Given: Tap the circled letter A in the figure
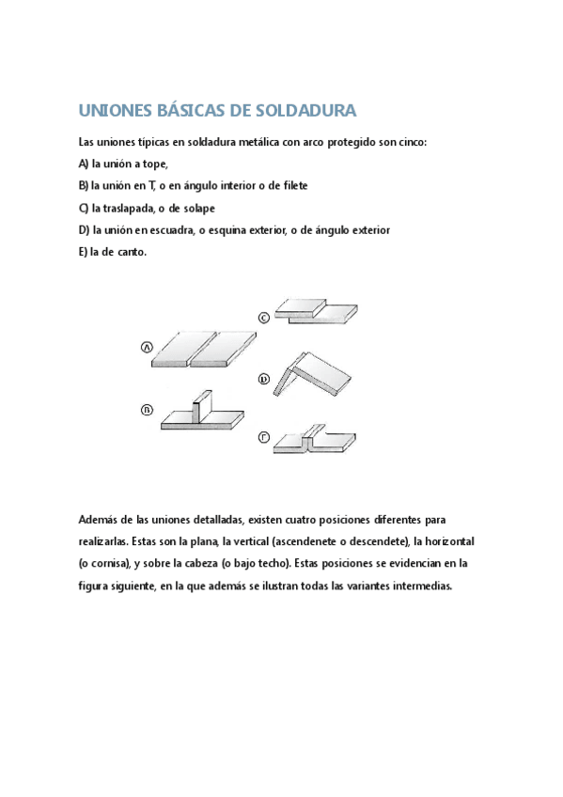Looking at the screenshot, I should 147,348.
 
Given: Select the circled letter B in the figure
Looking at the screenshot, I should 147,409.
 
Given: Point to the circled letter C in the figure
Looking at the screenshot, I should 265,318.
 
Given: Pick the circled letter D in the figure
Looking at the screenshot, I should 265,380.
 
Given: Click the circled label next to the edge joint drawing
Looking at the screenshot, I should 265,437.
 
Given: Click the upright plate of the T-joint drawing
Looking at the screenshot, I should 196,408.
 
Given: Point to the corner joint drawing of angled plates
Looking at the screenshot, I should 316,373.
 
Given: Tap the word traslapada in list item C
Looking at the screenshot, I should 117,208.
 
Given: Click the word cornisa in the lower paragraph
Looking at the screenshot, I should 110,563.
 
